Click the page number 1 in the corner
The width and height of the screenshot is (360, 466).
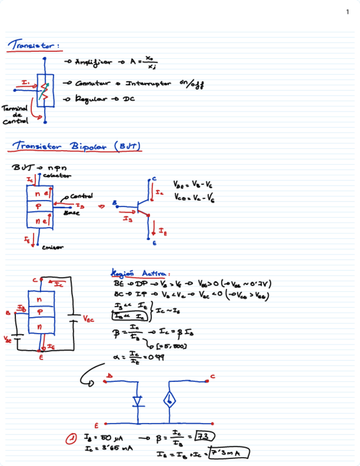(347, 12)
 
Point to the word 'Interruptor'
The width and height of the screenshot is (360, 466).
(148, 84)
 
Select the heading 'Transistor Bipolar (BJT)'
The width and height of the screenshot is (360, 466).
(77, 146)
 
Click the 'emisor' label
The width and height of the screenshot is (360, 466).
(52, 247)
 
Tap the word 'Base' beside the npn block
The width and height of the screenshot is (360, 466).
(71, 213)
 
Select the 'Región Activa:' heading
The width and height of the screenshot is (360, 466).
(140, 273)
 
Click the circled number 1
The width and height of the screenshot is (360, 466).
(71, 438)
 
